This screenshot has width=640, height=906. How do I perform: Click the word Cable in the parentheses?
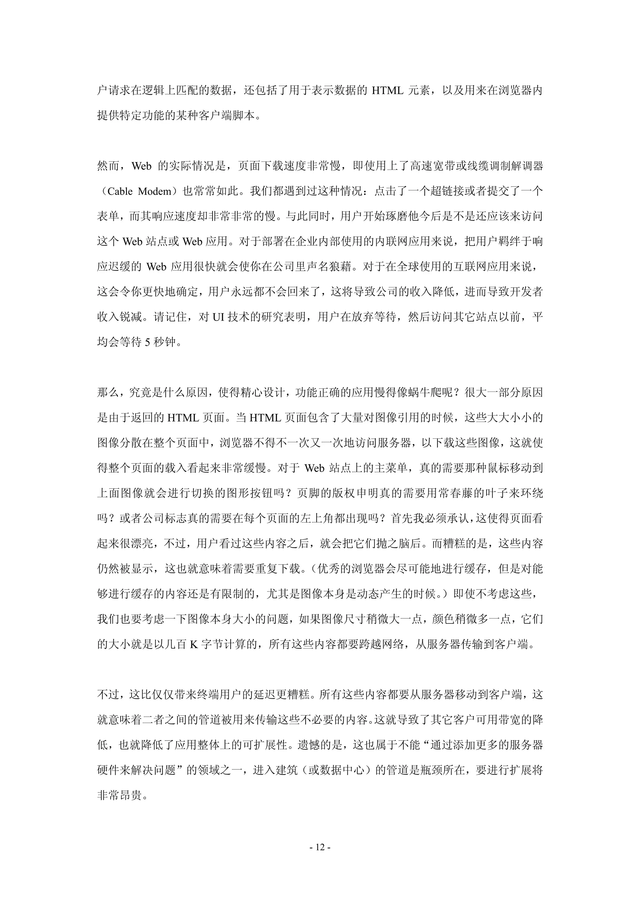[120, 191]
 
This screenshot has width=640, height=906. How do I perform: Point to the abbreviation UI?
[218, 317]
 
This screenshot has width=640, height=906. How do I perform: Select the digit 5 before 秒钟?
[147, 342]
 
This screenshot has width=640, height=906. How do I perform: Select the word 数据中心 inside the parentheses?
[341, 770]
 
